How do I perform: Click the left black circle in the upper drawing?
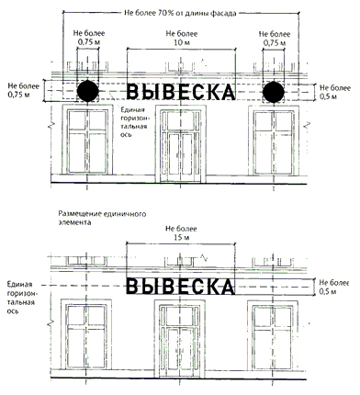[88, 91]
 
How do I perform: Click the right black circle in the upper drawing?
[274, 92]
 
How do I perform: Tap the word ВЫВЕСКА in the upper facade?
[181, 92]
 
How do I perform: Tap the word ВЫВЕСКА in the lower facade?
[181, 287]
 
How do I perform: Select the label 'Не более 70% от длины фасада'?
[180, 13]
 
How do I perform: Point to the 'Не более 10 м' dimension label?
[182, 38]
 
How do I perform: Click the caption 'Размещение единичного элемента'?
[102, 218]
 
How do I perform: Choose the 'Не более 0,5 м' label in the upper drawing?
[335, 92]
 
